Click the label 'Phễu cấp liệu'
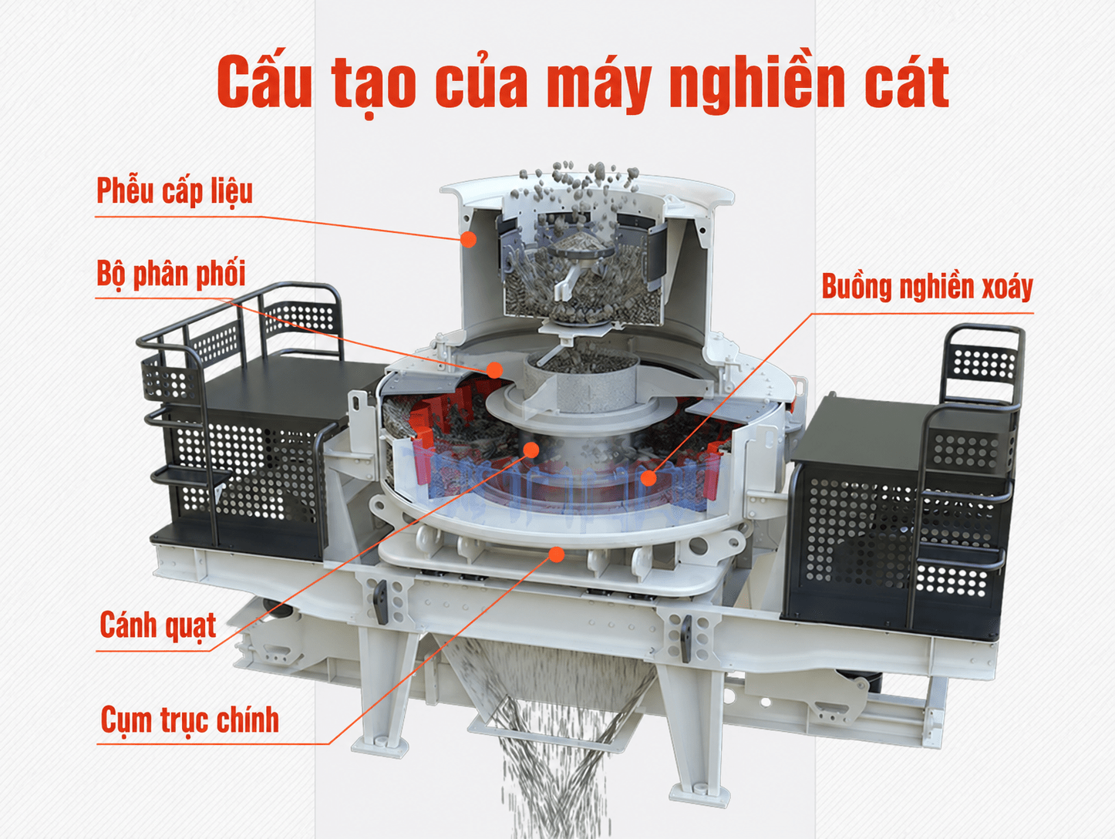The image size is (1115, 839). pyautogui.click(x=175, y=192)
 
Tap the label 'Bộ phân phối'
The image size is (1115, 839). pyautogui.click(x=171, y=275)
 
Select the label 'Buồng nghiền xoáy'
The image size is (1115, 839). pyautogui.click(x=928, y=288)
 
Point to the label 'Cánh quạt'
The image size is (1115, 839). pyautogui.click(x=158, y=625)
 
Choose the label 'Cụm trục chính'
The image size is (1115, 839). pyautogui.click(x=190, y=720)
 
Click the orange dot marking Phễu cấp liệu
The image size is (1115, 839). pyautogui.click(x=469, y=239)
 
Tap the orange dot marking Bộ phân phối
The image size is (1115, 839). pyautogui.click(x=495, y=369)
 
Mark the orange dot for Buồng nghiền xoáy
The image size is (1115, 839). pyautogui.click(x=648, y=478)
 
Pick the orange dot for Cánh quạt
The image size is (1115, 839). pyautogui.click(x=531, y=450)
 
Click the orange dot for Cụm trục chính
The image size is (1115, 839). pyautogui.click(x=557, y=554)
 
